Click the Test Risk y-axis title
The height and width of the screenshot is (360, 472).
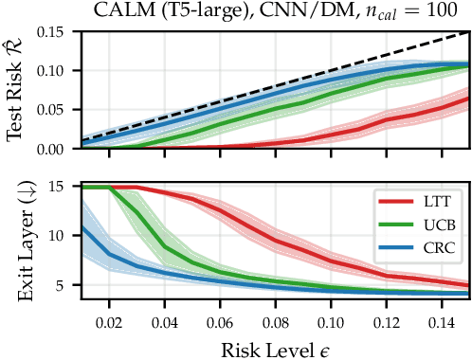pyautogui.click(x=16, y=89)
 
